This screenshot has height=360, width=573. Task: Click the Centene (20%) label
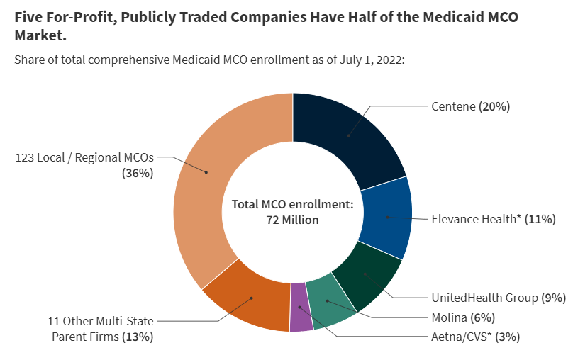tap(470, 106)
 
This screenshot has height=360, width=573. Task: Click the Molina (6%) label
tap(462, 317)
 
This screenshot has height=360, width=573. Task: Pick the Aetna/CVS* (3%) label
tap(475, 337)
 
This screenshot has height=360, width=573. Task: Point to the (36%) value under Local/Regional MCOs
tap(138, 173)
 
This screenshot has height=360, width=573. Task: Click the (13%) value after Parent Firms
tap(138, 337)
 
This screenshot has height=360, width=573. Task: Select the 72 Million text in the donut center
tap(292, 220)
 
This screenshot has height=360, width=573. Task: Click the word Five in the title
tap(28, 17)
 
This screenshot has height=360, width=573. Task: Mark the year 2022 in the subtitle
tap(388, 60)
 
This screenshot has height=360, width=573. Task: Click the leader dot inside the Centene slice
tap(348, 135)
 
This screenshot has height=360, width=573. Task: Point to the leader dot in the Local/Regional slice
tap(206, 171)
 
